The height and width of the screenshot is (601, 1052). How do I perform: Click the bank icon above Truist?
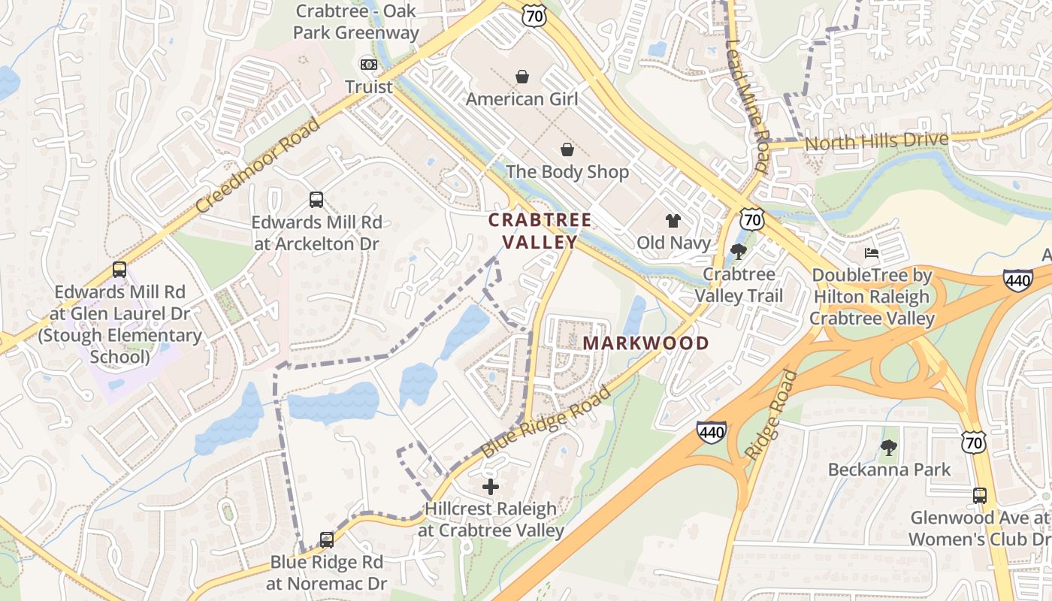click(368, 65)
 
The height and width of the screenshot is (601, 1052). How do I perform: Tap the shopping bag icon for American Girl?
click(522, 77)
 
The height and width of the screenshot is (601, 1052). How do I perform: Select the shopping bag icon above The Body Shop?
click(567, 149)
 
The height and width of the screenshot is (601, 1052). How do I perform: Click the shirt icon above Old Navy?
click(673, 221)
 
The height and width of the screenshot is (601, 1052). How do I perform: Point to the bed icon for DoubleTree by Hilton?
click(872, 253)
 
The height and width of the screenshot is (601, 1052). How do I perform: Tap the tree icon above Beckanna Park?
click(889, 448)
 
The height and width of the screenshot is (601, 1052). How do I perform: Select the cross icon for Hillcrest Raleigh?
click(491, 487)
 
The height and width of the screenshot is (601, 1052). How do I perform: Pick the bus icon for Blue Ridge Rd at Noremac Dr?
click(326, 540)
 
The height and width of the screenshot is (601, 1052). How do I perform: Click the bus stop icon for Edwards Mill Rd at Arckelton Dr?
click(316, 200)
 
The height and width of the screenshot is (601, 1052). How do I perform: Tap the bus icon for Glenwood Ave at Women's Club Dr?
click(980, 496)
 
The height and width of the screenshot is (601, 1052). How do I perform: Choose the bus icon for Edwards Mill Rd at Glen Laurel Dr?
click(119, 270)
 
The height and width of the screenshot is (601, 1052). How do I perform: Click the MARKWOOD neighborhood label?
click(645, 343)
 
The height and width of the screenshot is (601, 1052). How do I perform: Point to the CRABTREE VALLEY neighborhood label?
click(540, 231)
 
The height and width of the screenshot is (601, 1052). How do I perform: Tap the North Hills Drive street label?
click(876, 140)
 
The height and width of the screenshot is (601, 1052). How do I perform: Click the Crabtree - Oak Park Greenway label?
click(356, 23)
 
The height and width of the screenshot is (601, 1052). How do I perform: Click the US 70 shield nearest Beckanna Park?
click(974, 442)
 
